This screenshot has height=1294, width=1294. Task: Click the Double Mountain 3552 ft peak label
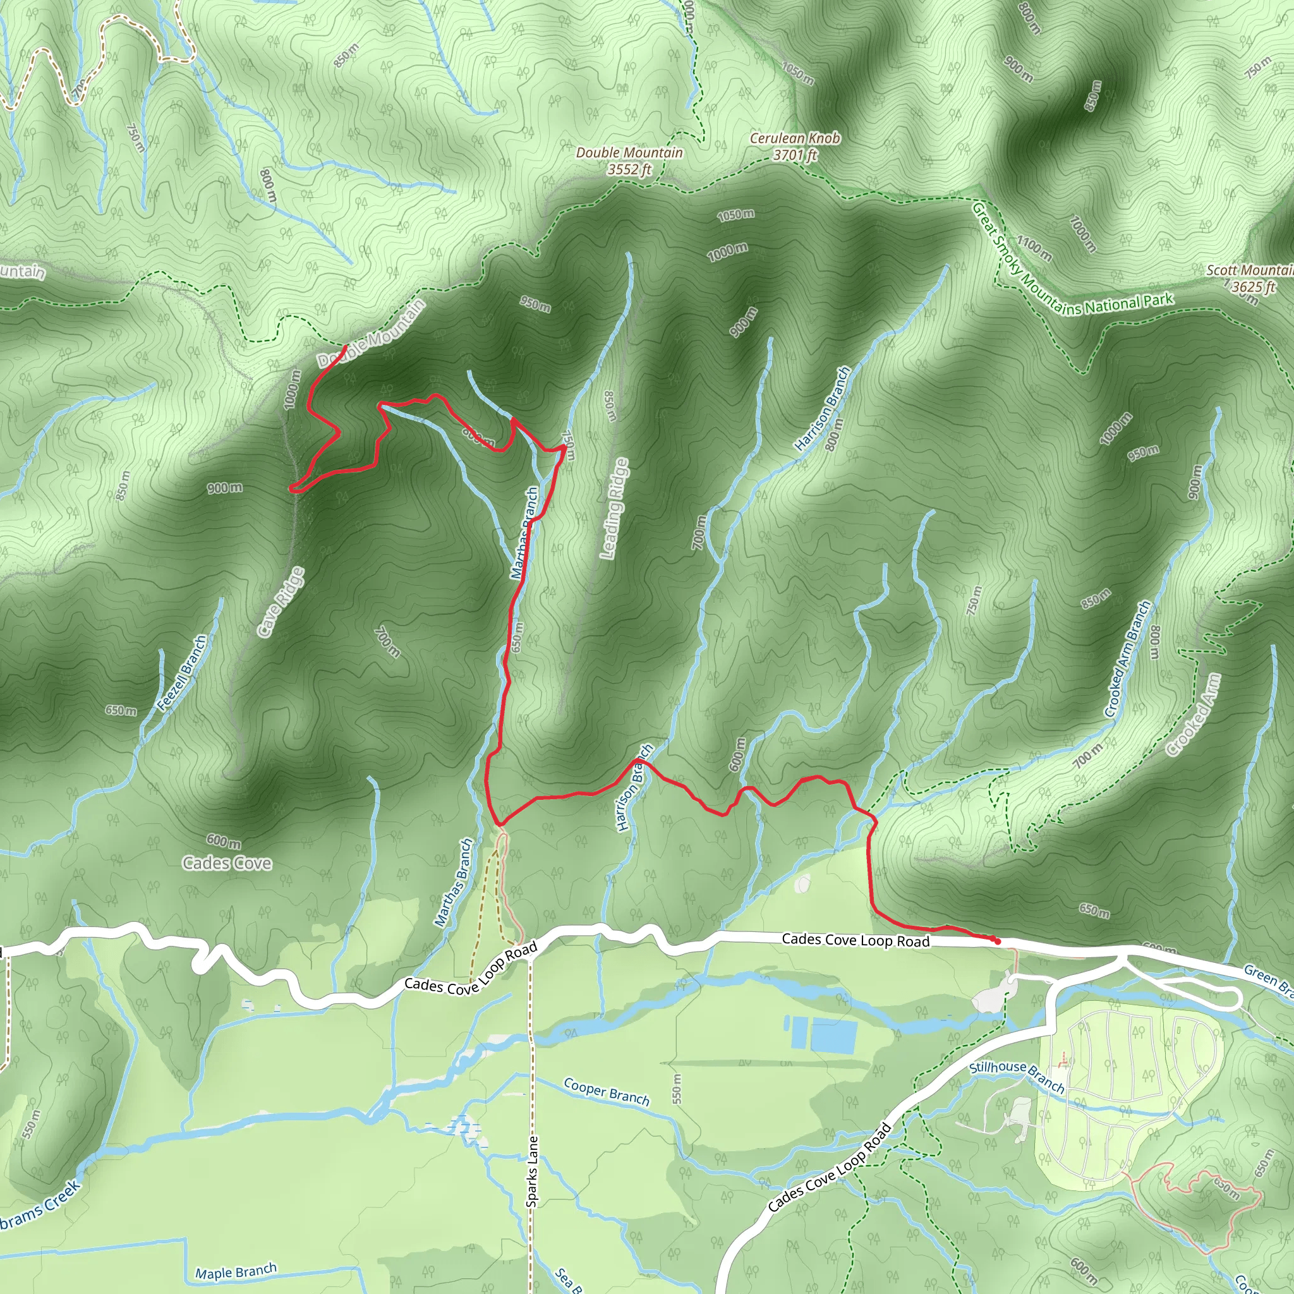tap(629, 160)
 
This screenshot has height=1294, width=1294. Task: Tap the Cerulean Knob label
tap(794, 146)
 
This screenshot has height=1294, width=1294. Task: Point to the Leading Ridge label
tap(614, 509)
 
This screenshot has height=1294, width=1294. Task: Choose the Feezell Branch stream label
tap(182, 672)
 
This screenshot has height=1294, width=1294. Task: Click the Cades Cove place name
tap(227, 863)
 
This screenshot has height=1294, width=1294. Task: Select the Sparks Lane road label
tap(532, 1171)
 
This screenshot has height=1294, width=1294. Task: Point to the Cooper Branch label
tap(606, 1091)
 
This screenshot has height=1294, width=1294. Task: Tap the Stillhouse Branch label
tap(1017, 1075)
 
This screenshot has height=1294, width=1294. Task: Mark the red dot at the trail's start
tap(997, 941)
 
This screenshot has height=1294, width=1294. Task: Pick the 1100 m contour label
tap(1034, 248)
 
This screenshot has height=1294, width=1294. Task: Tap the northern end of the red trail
tap(345, 346)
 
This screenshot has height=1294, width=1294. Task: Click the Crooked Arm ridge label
tap(1194, 715)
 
